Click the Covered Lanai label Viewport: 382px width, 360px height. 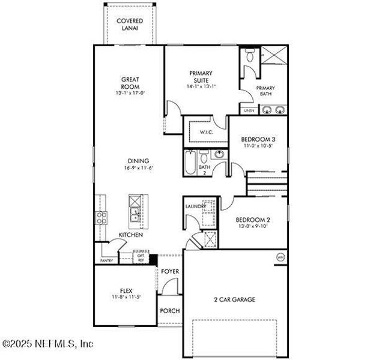point(130,24)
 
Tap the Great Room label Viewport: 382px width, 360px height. point(130,82)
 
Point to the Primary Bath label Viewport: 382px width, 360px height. point(267,91)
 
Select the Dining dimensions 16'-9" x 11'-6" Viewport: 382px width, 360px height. point(138,169)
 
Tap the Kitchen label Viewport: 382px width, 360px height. point(130,235)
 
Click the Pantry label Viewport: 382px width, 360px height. point(106,260)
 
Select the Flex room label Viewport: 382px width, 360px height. point(126,290)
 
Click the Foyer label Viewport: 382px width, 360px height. point(171,272)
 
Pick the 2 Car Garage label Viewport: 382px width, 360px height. point(235,299)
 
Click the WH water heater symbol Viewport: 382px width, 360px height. point(280,257)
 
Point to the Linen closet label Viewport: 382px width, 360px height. point(249,110)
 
